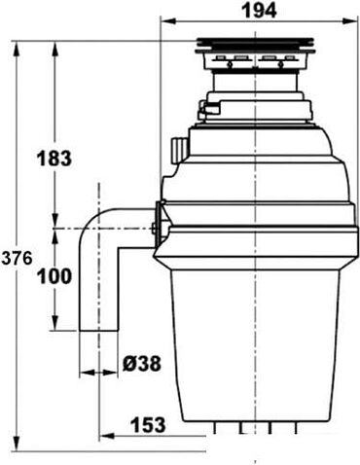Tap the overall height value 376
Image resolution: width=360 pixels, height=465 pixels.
[18, 258]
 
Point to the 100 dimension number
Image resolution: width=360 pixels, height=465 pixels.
[54, 276]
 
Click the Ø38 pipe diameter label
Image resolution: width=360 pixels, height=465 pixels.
[140, 365]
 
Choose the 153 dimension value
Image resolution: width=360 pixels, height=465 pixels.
[148, 424]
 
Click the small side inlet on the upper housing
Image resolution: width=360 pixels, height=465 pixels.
[177, 149]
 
